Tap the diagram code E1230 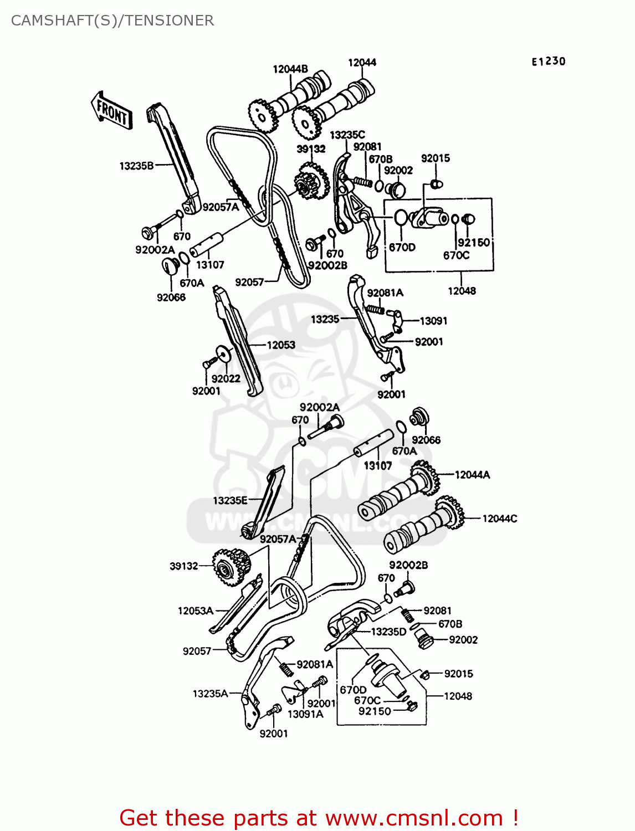pyautogui.click(x=549, y=61)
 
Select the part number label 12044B pyautogui.click(x=290, y=69)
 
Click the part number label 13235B pyautogui.click(x=136, y=165)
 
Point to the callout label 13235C pyautogui.click(x=347, y=135)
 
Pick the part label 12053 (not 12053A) pyautogui.click(x=281, y=345)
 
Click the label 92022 pyautogui.click(x=226, y=378)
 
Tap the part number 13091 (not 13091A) pyautogui.click(x=433, y=321)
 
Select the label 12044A pyautogui.click(x=472, y=475)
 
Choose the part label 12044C pyautogui.click(x=499, y=519)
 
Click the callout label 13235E pyautogui.click(x=230, y=500)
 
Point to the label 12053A pyautogui.click(x=195, y=611)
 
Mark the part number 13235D pyautogui.click(x=388, y=632)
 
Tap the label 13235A pyautogui.click(x=210, y=693)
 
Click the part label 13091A pyautogui.click(x=305, y=714)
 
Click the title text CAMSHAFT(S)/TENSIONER pyautogui.click(x=112, y=20)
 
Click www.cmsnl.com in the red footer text pyautogui.click(x=414, y=818)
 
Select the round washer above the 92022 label pyautogui.click(x=224, y=352)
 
